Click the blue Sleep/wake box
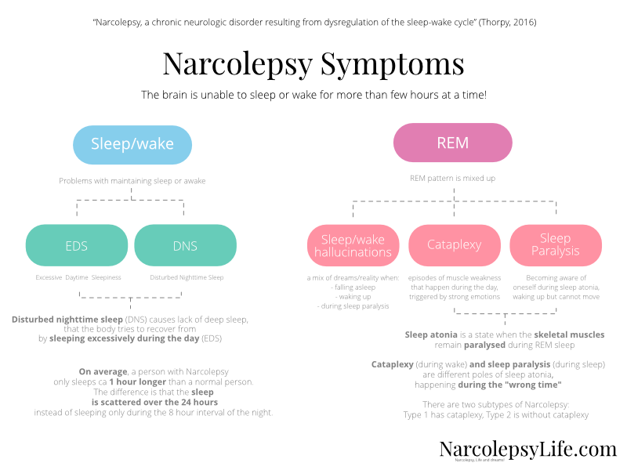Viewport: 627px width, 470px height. click(132, 144)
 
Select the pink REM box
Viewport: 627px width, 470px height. click(452, 144)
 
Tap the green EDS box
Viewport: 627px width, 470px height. click(77, 245)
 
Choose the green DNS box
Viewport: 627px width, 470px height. click(185, 245)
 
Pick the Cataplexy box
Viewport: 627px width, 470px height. click(455, 245)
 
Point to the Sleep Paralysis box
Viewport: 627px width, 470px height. click(556, 245)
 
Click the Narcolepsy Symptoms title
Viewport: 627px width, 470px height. click(313, 63)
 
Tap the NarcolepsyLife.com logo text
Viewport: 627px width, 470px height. click(527, 449)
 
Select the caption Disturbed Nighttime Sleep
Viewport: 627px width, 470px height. click(187, 277)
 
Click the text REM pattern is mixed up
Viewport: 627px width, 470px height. click(452, 179)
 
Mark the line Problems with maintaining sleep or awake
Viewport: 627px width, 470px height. click(132, 180)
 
